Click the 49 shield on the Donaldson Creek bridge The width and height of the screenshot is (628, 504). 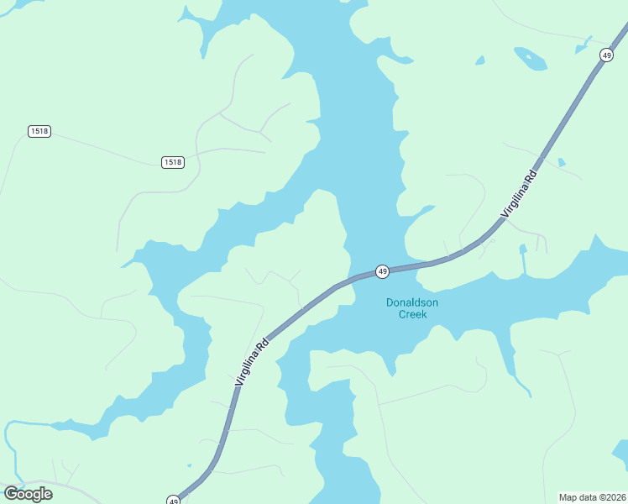coord(382,271)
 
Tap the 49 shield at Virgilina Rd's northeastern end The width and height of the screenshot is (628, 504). coord(606,55)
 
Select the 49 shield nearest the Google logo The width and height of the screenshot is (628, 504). coord(173,500)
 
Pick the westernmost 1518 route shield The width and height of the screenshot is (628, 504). coord(39,131)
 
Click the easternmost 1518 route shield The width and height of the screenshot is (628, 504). coord(172,162)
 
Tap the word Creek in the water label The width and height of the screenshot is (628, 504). coord(412,314)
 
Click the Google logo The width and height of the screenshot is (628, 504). coord(28,493)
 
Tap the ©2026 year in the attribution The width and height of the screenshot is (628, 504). coord(613,496)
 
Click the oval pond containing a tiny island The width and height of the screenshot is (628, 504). coord(530,58)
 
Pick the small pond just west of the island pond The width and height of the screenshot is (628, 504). coord(480,60)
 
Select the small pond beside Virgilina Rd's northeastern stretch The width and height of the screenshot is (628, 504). coord(561,161)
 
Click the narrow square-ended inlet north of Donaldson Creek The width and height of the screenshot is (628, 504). coord(523,260)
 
